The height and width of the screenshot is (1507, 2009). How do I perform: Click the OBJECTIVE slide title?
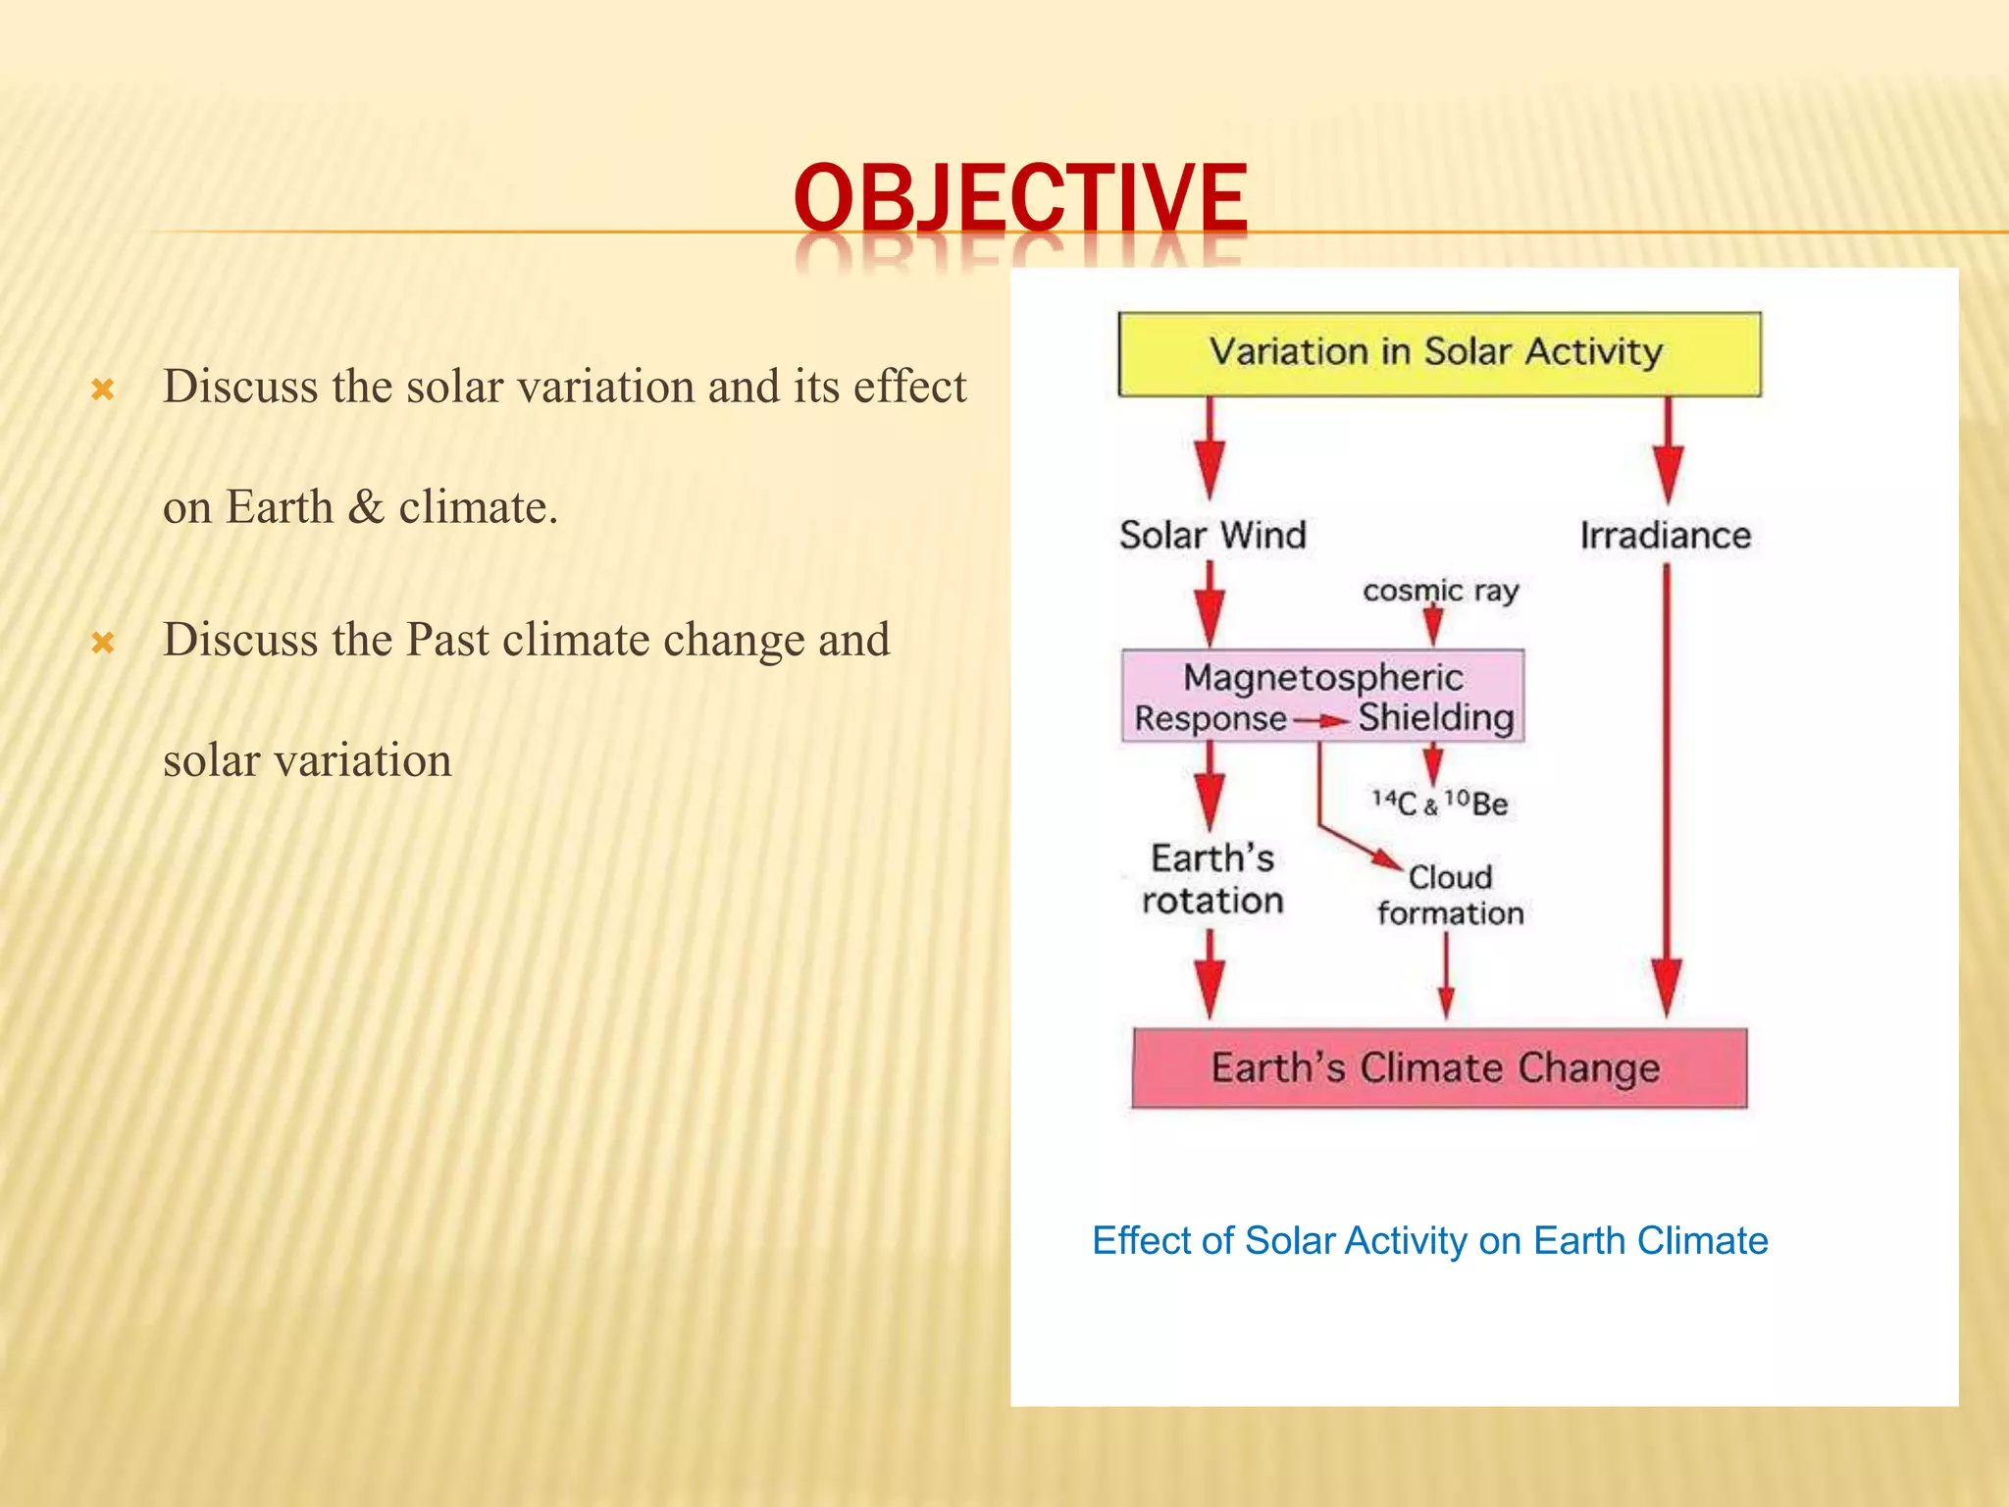[x=1020, y=198]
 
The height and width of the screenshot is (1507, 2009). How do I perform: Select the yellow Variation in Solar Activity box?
[x=1438, y=353]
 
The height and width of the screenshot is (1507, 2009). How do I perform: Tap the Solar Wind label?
[x=1212, y=536]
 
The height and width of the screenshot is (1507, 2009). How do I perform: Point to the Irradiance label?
[x=1665, y=536]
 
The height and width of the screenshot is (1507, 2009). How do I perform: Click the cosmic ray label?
[x=1440, y=591]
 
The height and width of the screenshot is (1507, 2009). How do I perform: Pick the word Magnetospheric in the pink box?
[x=1322, y=677]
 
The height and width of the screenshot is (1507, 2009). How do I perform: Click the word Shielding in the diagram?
[x=1436, y=717]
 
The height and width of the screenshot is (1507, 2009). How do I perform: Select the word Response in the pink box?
[x=1210, y=719]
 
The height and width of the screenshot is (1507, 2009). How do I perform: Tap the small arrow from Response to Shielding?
[x=1322, y=721]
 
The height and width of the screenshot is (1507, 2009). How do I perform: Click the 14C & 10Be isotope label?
[x=1439, y=804]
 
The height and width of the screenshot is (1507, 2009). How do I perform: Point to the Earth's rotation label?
[x=1212, y=879]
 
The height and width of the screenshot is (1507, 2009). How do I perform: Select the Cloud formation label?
[x=1450, y=895]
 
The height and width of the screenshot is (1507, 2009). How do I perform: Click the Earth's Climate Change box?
[x=1438, y=1067]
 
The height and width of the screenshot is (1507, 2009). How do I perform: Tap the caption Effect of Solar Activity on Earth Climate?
[x=1429, y=1241]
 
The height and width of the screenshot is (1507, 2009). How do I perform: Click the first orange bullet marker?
[x=103, y=390]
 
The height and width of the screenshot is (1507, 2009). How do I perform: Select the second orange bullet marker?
[x=103, y=644]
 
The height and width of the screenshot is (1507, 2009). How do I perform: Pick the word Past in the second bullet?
[x=446, y=640]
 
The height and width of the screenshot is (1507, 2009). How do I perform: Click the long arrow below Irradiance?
[x=1667, y=785]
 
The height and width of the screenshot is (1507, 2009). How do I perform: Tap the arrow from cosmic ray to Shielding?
[x=1432, y=625]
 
